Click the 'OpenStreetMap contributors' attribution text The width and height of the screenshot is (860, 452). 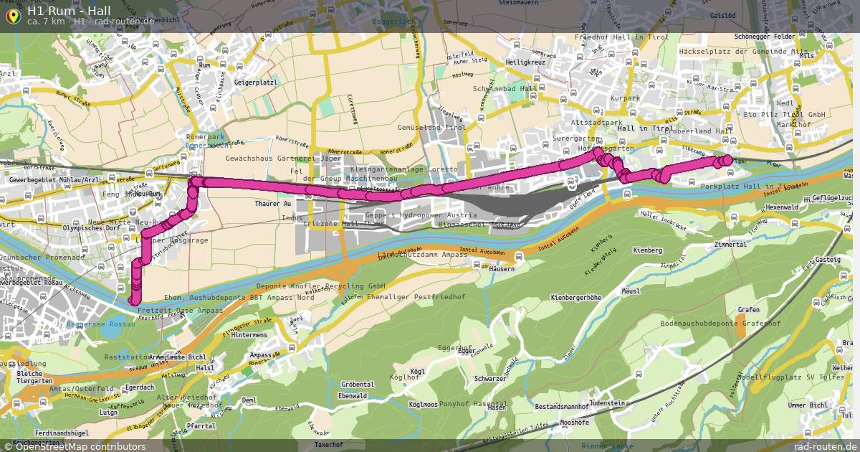click(x=80, y=446)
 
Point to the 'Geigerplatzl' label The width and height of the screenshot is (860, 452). click(x=255, y=83)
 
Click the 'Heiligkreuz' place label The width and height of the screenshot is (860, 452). click(x=525, y=62)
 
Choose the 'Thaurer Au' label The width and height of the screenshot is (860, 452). click(x=273, y=204)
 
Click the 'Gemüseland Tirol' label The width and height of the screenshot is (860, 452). click(x=431, y=128)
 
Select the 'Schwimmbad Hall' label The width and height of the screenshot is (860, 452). click(x=505, y=89)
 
